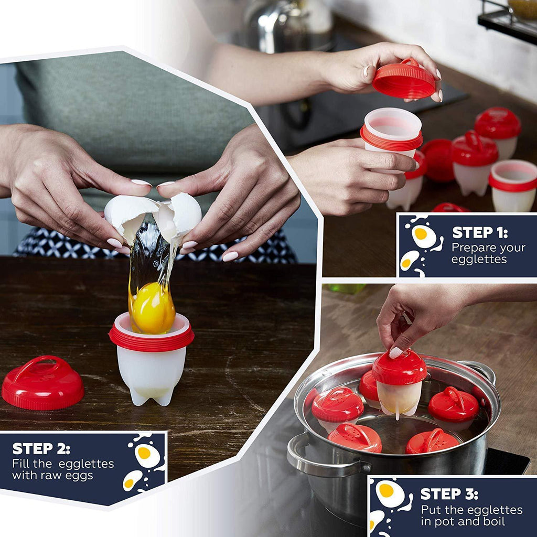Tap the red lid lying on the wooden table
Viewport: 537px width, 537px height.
point(43,383)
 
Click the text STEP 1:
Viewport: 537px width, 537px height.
point(480,233)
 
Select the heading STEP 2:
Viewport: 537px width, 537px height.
point(41,449)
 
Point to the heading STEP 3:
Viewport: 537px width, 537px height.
point(449,494)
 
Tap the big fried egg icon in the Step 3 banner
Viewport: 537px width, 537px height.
point(390,493)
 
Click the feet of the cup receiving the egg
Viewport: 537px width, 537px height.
point(151,398)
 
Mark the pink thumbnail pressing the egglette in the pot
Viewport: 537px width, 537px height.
point(395,352)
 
